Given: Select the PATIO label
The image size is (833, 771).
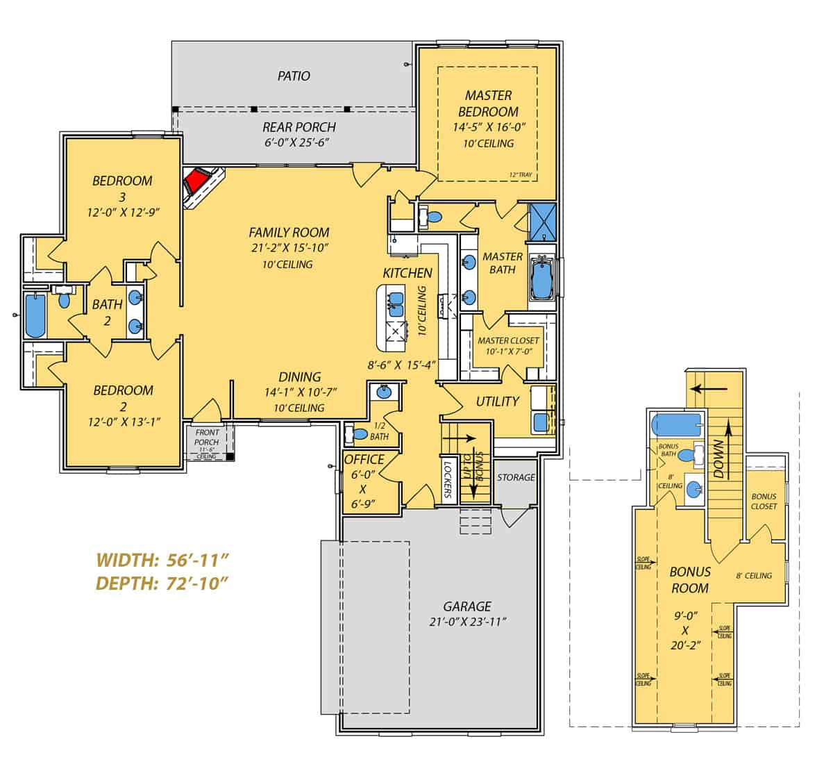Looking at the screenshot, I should pos(294,76).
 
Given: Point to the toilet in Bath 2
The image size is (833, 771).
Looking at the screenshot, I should pos(65,300).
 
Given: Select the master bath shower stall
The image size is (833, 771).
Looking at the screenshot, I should pos(543,221).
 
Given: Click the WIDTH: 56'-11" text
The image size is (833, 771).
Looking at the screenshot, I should pos(162,560).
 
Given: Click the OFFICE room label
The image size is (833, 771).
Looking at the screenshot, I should pos(364,459).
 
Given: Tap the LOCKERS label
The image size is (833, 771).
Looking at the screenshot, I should pos(448,478).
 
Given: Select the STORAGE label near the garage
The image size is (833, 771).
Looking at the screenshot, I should pos(516,477).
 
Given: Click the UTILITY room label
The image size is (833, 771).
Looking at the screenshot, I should pos(497,401).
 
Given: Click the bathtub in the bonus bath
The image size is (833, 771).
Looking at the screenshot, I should pos(678,424).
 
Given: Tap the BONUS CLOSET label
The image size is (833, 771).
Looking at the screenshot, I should pos(764,501).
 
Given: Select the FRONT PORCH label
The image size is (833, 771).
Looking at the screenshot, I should pos(206,438).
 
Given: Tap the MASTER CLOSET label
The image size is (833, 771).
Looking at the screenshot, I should pos(508,340).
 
